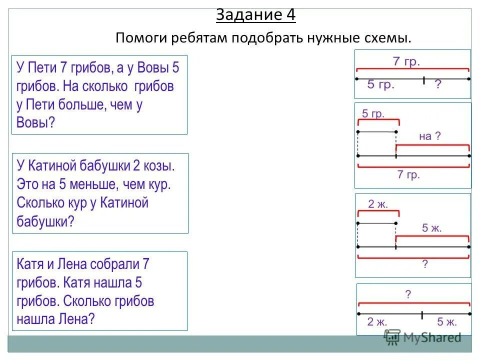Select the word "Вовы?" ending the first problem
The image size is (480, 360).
(x=35, y=122)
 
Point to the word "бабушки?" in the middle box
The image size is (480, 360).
(x=45, y=221)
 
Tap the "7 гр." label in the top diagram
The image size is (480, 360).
(x=406, y=62)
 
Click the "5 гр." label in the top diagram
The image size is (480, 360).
(x=381, y=85)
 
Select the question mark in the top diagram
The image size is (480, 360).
(x=438, y=85)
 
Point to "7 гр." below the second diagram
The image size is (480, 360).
(x=408, y=175)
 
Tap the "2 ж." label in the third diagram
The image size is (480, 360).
(x=377, y=204)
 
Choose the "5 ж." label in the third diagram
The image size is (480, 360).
(x=432, y=228)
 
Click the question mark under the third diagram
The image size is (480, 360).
(x=425, y=264)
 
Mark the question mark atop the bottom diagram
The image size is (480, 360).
(x=408, y=294)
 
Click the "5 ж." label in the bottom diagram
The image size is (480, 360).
(x=447, y=322)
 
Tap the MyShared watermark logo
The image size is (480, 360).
(x=422, y=337)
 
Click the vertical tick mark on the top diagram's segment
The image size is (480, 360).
(x=423, y=79)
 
